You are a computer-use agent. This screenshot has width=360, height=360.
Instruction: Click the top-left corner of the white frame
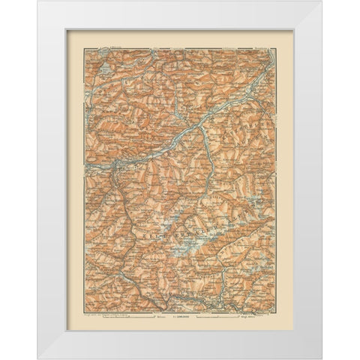click(38, 1)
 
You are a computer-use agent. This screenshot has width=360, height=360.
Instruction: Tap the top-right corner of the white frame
click(322, 1)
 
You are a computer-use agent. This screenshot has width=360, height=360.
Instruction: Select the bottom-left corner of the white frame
click(38, 358)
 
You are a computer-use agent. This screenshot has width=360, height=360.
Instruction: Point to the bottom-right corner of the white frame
click(322, 358)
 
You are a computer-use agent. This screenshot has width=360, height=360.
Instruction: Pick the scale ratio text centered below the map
click(180, 308)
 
